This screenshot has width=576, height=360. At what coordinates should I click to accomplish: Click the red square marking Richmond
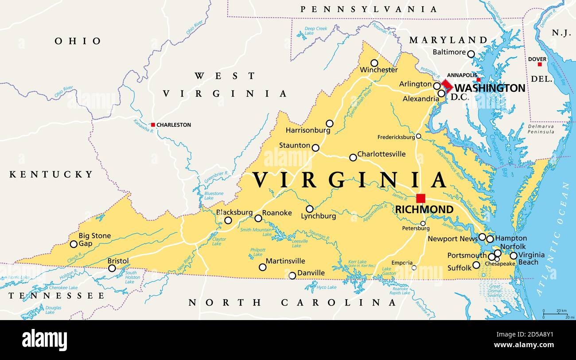420,198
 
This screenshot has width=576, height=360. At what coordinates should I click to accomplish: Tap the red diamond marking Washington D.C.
447,85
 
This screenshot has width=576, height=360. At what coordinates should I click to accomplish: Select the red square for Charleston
153,125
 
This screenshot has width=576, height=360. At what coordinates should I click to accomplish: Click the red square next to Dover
540,65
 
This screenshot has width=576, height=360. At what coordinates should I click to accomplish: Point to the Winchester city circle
374,63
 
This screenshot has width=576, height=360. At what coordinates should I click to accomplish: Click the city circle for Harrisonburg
330,124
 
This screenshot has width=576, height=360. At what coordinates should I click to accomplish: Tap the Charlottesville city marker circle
353,157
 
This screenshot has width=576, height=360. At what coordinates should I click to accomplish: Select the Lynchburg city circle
310,209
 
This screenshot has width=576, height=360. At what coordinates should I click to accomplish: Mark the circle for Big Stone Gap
74,244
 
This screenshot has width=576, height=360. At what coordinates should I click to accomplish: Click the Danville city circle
292,276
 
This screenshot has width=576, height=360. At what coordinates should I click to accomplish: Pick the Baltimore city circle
471,54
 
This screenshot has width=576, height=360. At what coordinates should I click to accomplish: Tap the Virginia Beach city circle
514,255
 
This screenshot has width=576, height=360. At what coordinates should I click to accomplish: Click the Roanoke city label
277,213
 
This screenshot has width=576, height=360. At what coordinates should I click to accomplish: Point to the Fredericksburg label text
396,137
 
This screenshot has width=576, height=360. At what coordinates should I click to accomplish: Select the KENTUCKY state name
52,174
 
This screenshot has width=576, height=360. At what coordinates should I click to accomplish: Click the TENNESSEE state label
52,296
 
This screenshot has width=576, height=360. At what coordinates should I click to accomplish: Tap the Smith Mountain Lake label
256,232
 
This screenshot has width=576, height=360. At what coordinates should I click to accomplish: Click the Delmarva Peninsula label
541,129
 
